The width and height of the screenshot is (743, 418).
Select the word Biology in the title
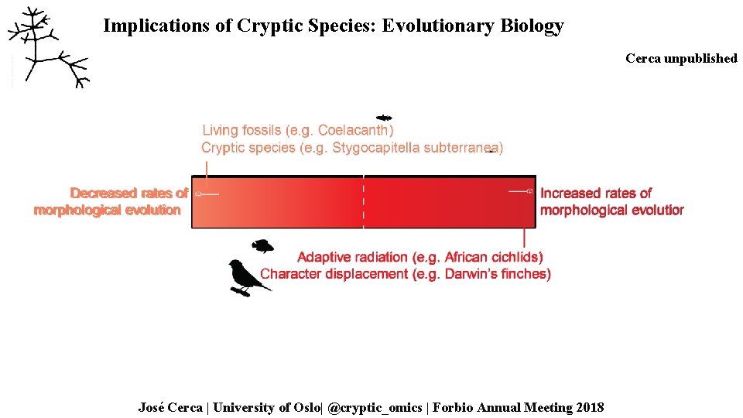point(532,26)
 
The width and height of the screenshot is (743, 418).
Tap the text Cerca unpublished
point(681,59)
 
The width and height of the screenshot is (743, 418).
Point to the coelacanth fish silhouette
point(384,118)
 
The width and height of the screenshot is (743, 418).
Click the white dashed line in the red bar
point(364,201)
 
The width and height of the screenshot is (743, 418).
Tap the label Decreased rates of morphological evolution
point(111,201)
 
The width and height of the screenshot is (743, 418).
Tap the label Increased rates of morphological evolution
point(611,201)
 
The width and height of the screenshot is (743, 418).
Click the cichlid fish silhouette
point(263,246)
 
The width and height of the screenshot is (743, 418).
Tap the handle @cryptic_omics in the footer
point(376,407)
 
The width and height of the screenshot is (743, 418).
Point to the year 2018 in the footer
point(589,407)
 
